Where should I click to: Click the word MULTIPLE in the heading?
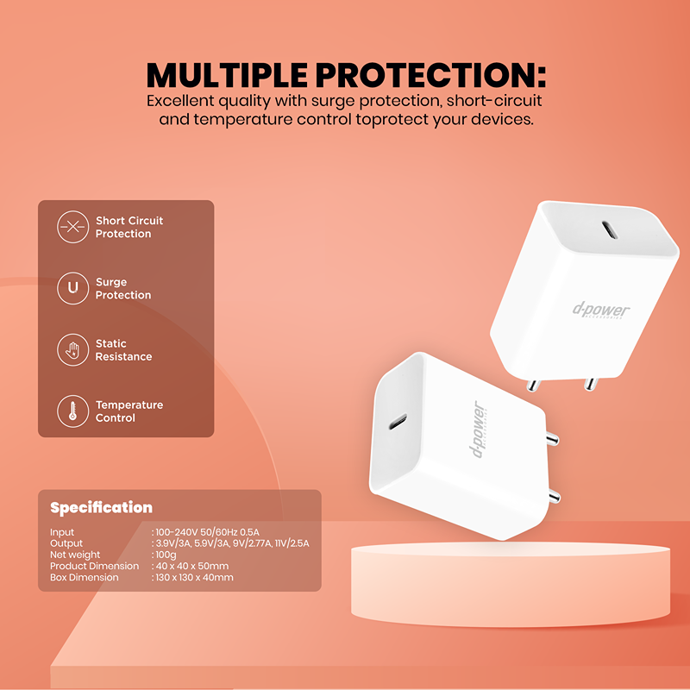tap(227, 75)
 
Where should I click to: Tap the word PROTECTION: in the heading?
tap(430, 75)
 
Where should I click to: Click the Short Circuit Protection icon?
tap(73, 227)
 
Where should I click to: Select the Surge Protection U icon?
tap(73, 288)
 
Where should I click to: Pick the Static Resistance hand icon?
tap(73, 350)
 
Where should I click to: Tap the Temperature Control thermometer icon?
tap(73, 411)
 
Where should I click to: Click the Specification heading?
tap(101, 507)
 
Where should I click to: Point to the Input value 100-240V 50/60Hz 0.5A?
tap(207, 532)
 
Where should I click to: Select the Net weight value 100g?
tap(166, 555)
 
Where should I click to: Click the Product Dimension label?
tap(94, 566)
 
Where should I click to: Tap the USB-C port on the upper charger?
tap(610, 229)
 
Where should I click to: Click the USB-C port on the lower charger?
tap(398, 422)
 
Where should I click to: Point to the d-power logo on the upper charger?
tap(601, 310)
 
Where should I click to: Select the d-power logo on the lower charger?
tap(479, 430)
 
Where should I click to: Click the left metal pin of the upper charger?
tap(533, 385)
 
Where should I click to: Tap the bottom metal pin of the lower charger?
tap(554, 497)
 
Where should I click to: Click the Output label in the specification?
tap(66, 543)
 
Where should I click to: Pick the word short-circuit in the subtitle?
tap(494, 101)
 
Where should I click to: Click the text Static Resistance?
tap(123, 350)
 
